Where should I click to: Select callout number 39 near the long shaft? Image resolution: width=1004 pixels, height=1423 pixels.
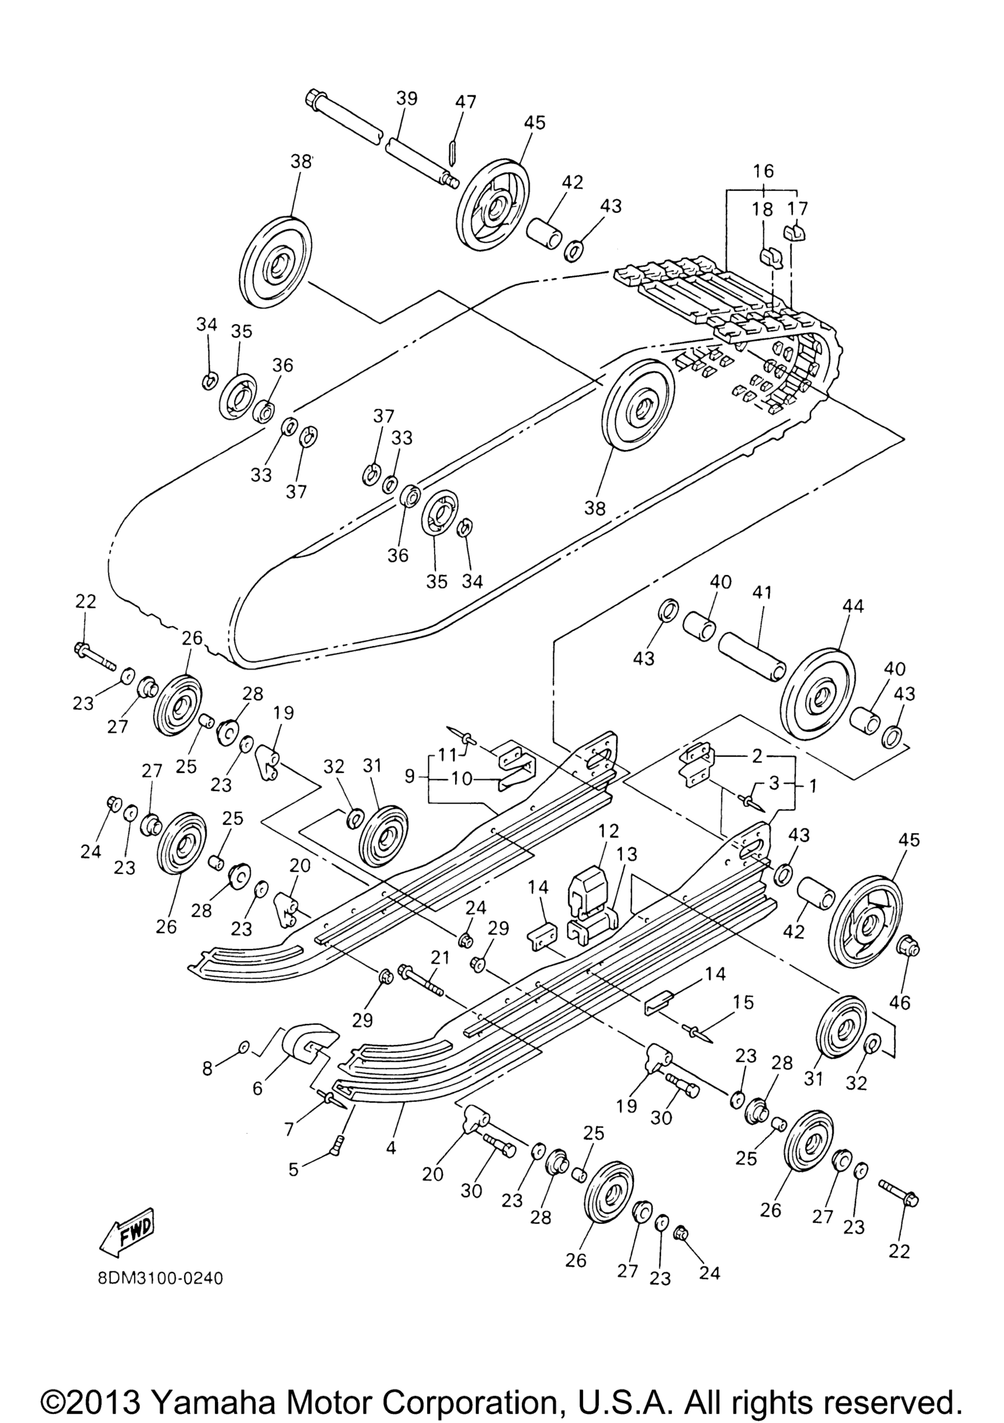(x=407, y=98)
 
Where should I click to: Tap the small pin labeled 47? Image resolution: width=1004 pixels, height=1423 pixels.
(x=452, y=153)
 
